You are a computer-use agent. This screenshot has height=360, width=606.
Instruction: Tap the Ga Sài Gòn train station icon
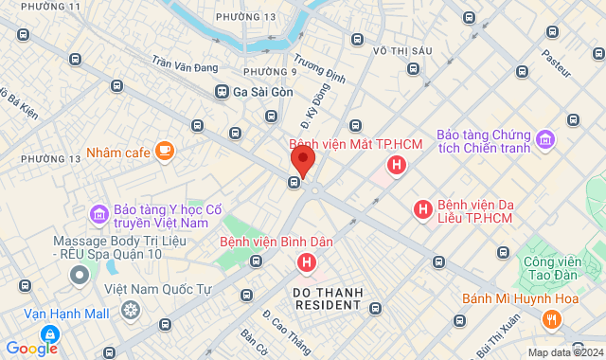pyautogui.click(x=222, y=92)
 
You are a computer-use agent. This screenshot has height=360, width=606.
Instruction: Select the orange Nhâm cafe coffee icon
pyautogui.click(x=166, y=151)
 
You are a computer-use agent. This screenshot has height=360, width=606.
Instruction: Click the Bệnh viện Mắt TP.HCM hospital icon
pyautogui.click(x=396, y=166)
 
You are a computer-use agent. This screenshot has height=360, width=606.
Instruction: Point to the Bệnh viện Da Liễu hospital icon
pyautogui.click(x=423, y=208)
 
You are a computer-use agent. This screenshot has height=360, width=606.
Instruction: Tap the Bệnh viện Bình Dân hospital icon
pyautogui.click(x=306, y=262)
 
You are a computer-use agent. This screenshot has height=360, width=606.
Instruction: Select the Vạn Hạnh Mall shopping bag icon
pyautogui.click(x=47, y=333)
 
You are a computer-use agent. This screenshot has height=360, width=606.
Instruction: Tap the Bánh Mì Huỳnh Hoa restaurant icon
pyautogui.click(x=552, y=320)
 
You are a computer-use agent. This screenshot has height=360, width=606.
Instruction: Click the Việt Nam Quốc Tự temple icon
pyautogui.click(x=130, y=310)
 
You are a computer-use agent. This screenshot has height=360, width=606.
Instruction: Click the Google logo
pyautogui.click(x=30, y=348)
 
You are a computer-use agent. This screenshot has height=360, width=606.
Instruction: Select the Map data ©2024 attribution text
pyautogui.click(x=563, y=352)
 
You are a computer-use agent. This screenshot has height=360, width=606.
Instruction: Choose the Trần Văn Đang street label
pyautogui.click(x=185, y=65)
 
